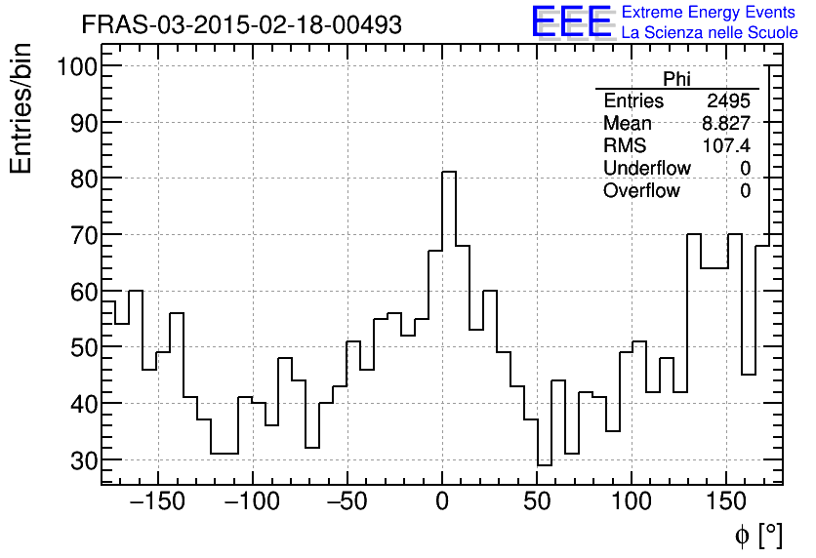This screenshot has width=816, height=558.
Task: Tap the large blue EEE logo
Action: [x=571, y=22]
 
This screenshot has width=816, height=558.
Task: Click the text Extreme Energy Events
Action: [x=709, y=13]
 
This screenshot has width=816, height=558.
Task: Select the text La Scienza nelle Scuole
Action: [x=709, y=33]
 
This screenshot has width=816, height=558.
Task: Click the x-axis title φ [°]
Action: [x=758, y=535]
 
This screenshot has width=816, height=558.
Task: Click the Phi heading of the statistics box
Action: [x=676, y=79]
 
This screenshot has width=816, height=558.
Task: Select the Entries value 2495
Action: [x=728, y=101]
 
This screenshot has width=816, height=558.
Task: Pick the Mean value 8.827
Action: [x=726, y=124]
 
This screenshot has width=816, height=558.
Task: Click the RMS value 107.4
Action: [x=726, y=145]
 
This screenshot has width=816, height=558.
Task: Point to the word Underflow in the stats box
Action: [x=646, y=168]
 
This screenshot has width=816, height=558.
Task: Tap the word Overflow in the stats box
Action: [x=641, y=190]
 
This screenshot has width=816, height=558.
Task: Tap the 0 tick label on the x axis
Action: [x=442, y=502]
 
